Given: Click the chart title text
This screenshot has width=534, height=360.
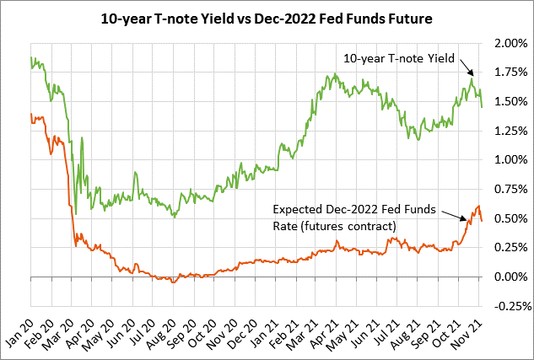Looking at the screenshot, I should pyautogui.click(x=266, y=16).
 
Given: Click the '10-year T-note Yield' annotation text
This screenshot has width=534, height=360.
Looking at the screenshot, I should pyautogui.click(x=399, y=58).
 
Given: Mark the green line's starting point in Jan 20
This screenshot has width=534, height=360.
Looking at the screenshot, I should pyautogui.click(x=31, y=57).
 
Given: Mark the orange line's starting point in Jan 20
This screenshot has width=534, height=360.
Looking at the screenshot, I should pyautogui.click(x=31, y=114).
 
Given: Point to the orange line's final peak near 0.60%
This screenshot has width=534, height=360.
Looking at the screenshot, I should pyautogui.click(x=478, y=206).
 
